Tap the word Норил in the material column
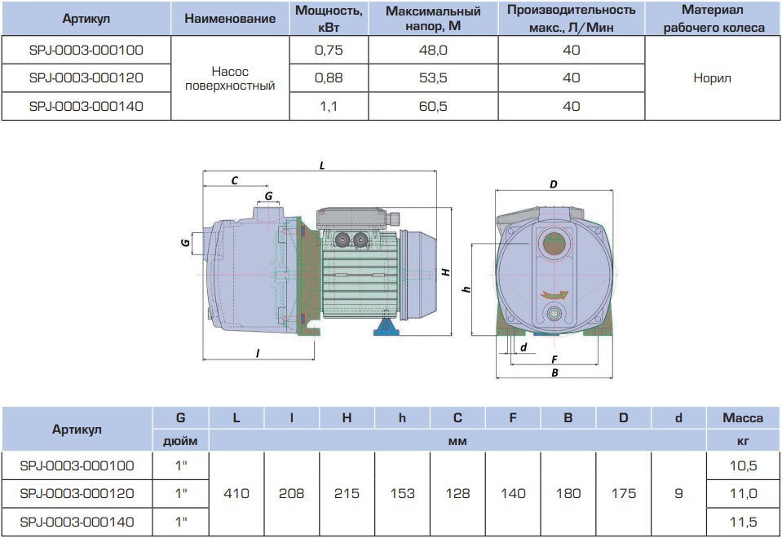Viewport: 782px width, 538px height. [712, 78]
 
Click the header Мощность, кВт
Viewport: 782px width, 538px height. [328, 18]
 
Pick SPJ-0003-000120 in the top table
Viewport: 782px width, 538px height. [86, 78]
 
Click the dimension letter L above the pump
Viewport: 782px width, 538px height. [322, 165]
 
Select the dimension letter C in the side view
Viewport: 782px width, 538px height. [235, 181]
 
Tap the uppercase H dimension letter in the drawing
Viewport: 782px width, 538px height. [446, 274]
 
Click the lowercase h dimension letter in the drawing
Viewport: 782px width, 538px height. [466, 289]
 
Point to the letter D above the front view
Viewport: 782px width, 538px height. [553, 184]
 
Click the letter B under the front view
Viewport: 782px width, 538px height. [554, 373]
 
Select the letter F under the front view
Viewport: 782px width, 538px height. [554, 359]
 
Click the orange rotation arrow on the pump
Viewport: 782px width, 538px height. [557, 295]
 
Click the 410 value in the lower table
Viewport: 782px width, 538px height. [236, 493]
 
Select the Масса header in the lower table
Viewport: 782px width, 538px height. [742, 417]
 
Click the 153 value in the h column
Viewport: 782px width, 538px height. [402, 493]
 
